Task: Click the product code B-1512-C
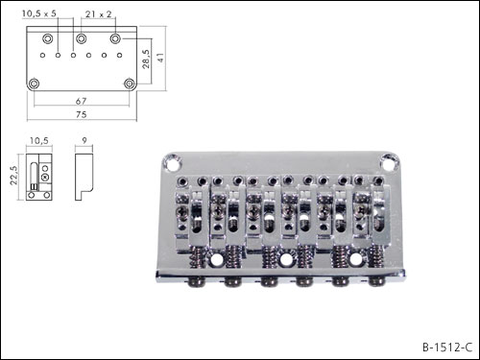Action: [447, 347]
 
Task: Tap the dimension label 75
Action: [82, 114]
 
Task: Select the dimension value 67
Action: [81, 101]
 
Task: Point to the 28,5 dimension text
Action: [146, 59]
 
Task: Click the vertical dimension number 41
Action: [160, 58]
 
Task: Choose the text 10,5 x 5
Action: [39, 13]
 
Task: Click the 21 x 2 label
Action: [98, 14]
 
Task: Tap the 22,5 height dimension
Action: [13, 176]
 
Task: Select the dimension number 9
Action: [84, 140]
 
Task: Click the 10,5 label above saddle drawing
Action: [39, 140]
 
